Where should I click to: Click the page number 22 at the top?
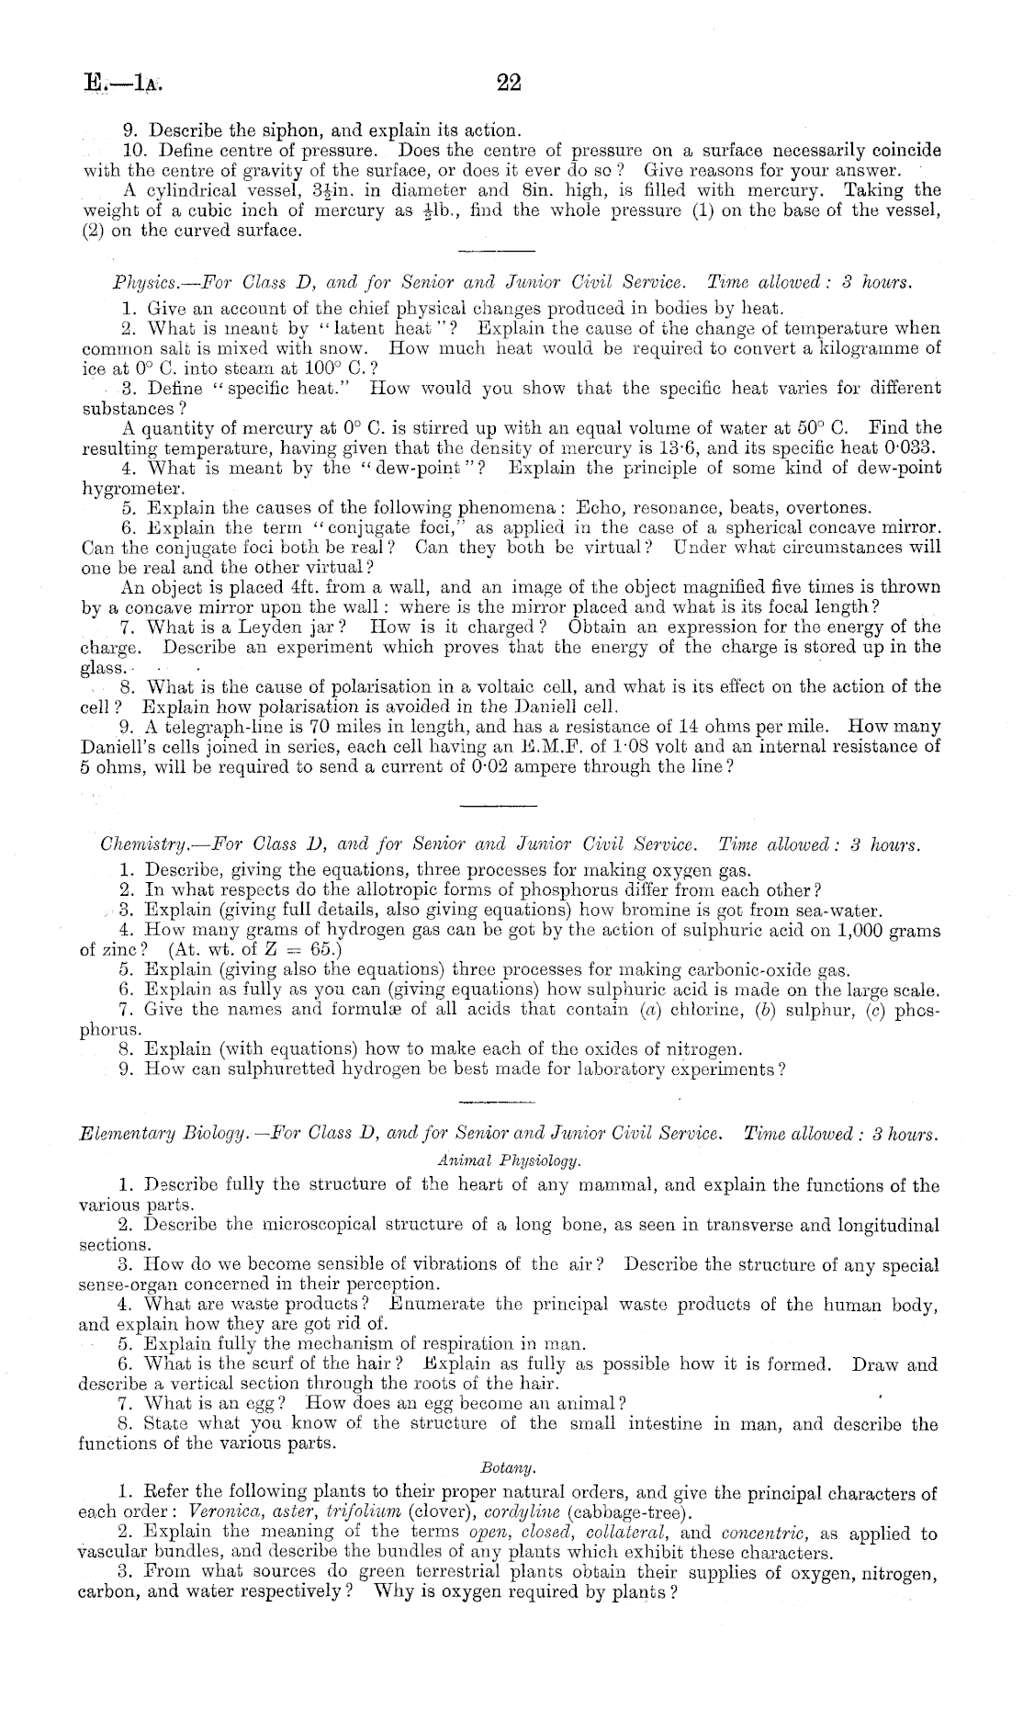pos(508,83)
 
